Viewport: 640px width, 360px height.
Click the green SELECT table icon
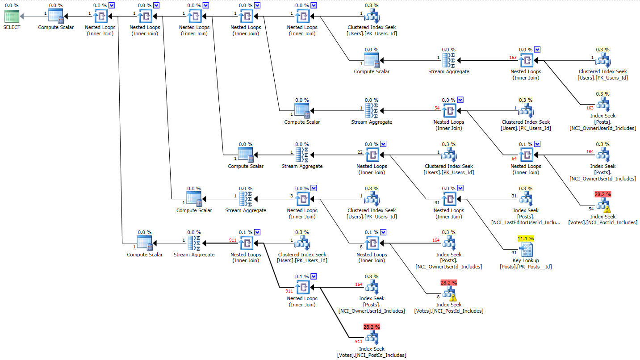(x=12, y=17)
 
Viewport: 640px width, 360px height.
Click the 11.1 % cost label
(x=526, y=239)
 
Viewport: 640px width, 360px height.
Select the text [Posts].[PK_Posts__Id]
(x=526, y=267)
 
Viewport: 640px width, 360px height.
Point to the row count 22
(x=360, y=152)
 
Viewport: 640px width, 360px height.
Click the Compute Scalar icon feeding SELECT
(x=56, y=17)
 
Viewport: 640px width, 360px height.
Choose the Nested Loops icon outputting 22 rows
(x=372, y=155)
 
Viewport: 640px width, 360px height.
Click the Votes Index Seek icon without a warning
(x=372, y=338)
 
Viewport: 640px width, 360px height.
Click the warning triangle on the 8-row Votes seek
(x=453, y=297)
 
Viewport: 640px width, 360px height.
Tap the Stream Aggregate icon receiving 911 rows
(x=194, y=243)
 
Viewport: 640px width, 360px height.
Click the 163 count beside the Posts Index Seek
(x=590, y=108)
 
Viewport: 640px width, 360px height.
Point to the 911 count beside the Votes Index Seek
(x=359, y=341)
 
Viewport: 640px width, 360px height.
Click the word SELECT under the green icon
(x=12, y=27)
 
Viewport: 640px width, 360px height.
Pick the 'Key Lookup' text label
(x=526, y=260)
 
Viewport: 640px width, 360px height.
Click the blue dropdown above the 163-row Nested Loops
(x=537, y=50)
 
